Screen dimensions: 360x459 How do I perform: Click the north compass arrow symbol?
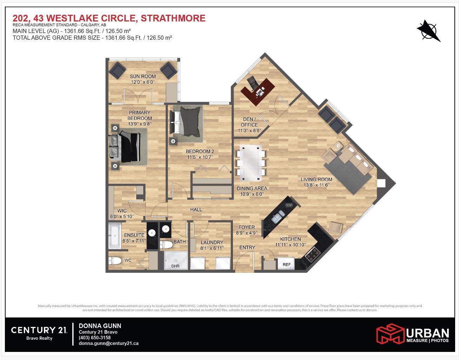pos(428,31)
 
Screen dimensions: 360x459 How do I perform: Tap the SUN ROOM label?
pos(143,76)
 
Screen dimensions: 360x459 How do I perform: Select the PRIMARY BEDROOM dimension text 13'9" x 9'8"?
pos(139,124)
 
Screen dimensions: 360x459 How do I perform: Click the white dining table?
pos(251,160)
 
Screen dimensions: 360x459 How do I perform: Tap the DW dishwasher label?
pos(289,205)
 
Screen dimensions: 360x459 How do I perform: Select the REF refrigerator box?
pos(287,264)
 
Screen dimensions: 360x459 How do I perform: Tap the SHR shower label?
pos(175,266)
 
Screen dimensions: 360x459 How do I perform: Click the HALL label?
pos(196,210)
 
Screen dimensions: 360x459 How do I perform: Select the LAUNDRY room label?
pos(212,242)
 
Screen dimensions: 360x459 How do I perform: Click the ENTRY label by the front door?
pos(247,247)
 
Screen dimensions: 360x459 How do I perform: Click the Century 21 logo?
pos(39,330)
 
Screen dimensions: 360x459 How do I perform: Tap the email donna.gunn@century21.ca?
pos(109,343)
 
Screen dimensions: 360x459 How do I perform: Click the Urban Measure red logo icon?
pos(390,333)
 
